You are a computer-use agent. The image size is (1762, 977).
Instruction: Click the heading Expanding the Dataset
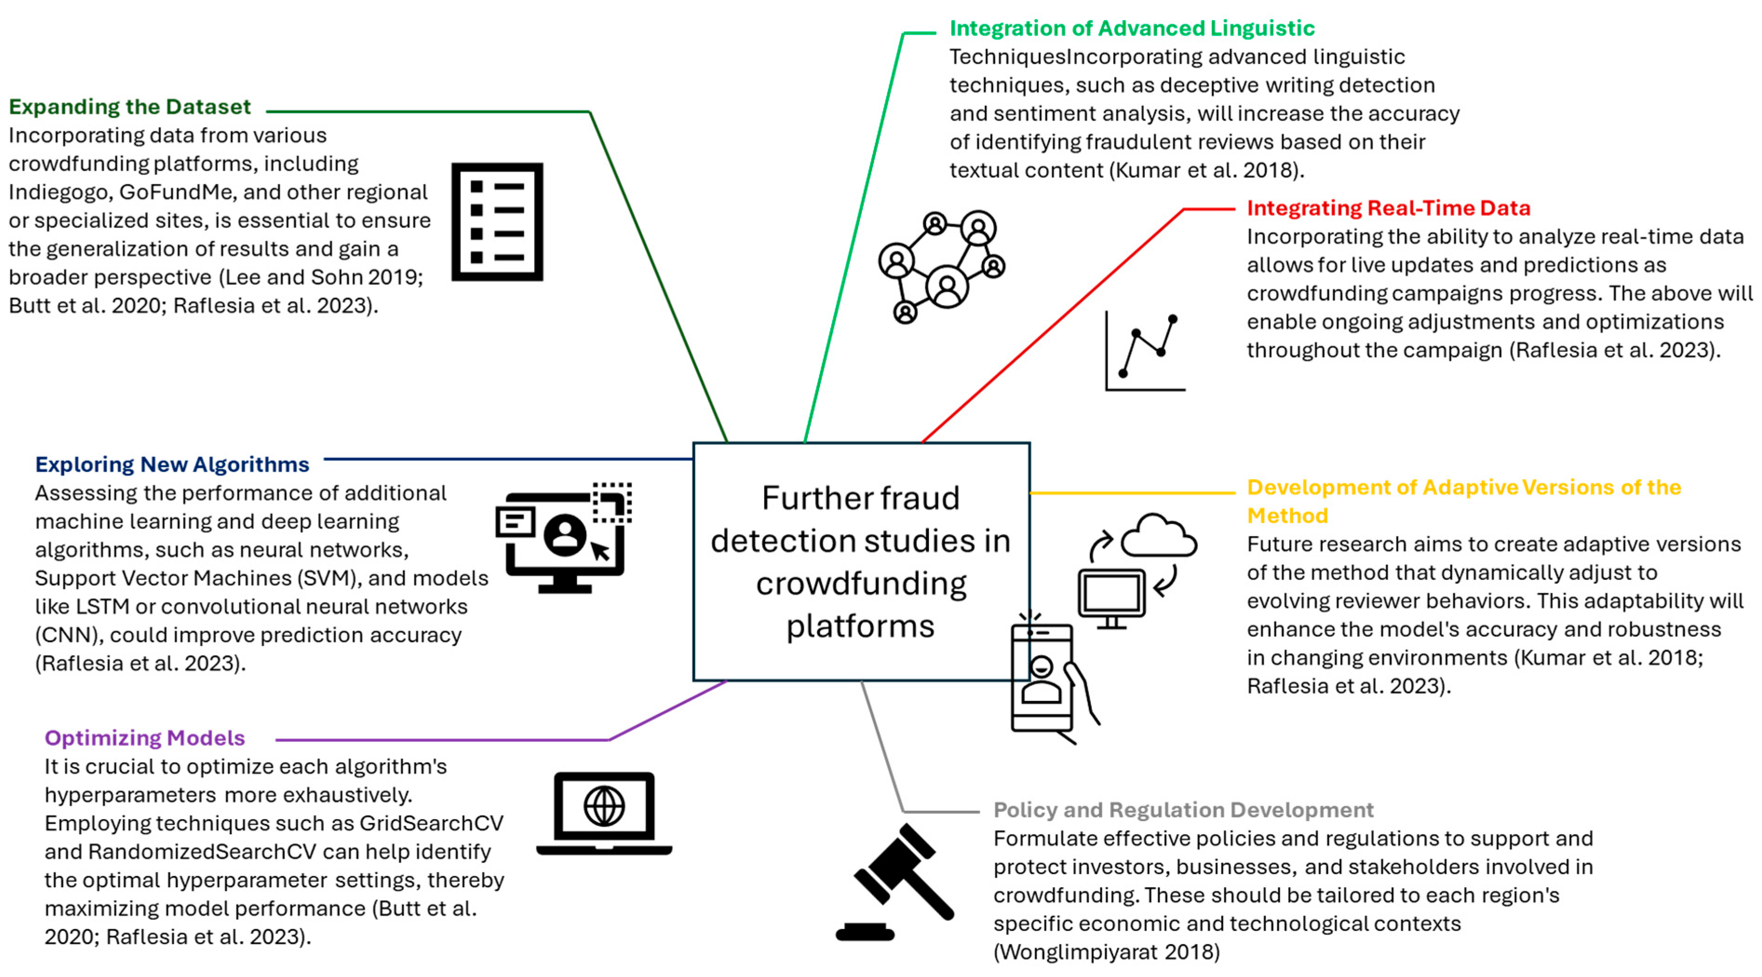click(x=129, y=107)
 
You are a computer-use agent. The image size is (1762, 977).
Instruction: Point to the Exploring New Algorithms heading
click(x=172, y=464)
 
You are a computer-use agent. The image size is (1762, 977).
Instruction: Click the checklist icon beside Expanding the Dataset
click(x=497, y=222)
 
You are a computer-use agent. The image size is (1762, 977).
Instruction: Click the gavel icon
click(x=896, y=883)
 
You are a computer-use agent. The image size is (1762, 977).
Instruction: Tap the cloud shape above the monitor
click(x=1159, y=537)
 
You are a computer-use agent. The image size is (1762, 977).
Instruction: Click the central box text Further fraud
click(x=861, y=498)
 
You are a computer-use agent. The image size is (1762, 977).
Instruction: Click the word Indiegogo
click(x=60, y=192)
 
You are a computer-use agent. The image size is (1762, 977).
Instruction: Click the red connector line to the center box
click(x=1053, y=325)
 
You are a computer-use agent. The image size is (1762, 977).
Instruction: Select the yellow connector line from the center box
click(x=1132, y=492)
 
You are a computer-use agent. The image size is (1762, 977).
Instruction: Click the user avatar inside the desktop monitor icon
click(x=565, y=535)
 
